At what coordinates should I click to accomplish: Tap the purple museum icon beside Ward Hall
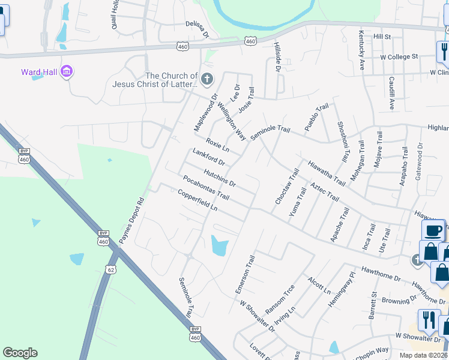(x=67, y=73)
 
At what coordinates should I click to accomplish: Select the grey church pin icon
(x=207, y=79)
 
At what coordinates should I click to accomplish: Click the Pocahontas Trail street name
(x=206, y=188)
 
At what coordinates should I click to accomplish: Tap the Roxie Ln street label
(x=218, y=145)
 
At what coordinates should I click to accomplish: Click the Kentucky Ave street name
(x=362, y=50)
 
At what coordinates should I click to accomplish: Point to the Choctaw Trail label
(x=286, y=187)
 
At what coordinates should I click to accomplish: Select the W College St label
(x=399, y=56)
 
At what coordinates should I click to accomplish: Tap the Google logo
(x=20, y=353)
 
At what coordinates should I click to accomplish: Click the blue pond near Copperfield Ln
(x=220, y=245)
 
